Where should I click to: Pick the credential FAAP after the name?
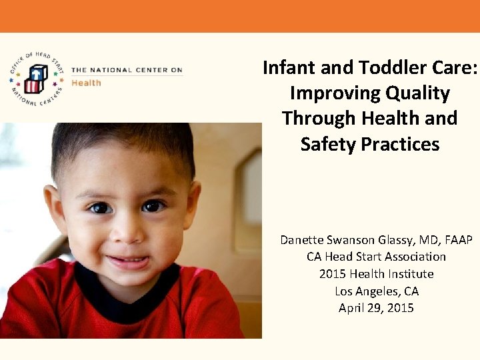click(x=456, y=239)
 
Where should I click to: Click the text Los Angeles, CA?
click(x=376, y=291)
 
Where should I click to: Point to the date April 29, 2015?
click(x=376, y=308)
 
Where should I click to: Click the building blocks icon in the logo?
click(x=36, y=79)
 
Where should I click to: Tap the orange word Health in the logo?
click(x=86, y=83)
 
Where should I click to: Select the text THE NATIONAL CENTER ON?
click(x=126, y=70)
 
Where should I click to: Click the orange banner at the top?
click(x=240, y=16)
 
